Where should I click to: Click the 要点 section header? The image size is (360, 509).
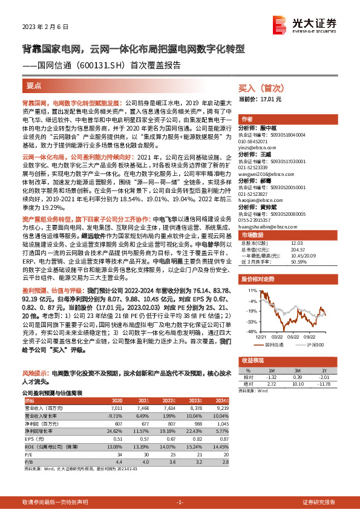(34, 86)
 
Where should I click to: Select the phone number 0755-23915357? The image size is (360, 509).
(258, 220)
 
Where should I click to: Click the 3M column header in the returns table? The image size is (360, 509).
(298, 370)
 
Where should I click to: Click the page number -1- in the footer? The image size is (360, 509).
(180, 502)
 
